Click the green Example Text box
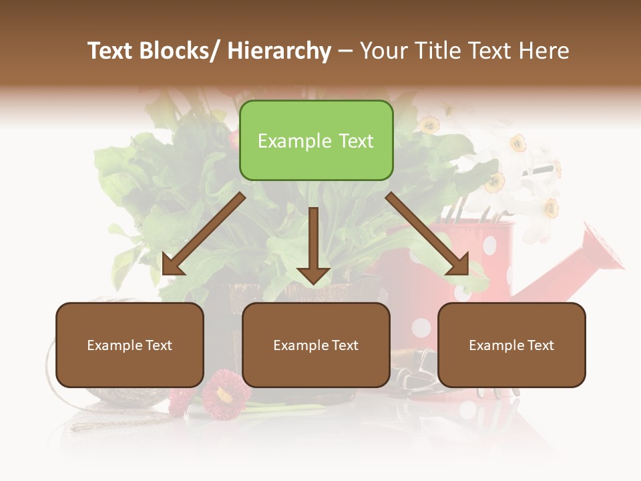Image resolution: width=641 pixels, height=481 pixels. [x=316, y=140]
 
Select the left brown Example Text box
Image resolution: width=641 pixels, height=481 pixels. [x=130, y=345]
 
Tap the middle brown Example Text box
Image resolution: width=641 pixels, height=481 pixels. [x=316, y=345]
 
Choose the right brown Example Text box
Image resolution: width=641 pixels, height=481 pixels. [x=511, y=345]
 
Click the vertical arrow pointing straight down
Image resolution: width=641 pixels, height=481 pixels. [x=313, y=245]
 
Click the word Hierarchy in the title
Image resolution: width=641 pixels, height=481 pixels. [x=279, y=51]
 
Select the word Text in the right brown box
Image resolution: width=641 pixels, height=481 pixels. [x=540, y=345]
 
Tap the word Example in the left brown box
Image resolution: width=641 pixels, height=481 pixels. [x=115, y=345]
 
